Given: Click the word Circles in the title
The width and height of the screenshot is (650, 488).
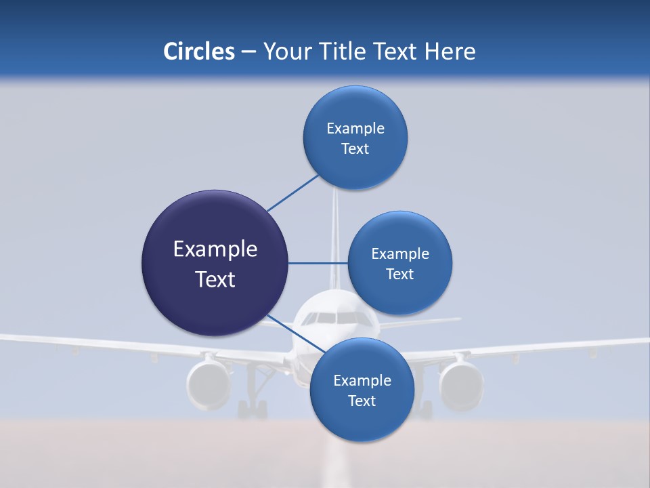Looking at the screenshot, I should click(198, 52).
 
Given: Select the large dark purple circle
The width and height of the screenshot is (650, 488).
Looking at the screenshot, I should click(215, 263).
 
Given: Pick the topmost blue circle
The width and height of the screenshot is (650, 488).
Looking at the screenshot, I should click(355, 138).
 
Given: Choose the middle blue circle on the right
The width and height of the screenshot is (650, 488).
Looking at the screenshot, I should click(399, 263).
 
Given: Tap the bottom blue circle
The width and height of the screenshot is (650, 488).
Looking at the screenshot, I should click(362, 390).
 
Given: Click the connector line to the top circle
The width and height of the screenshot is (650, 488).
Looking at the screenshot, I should click(293, 193).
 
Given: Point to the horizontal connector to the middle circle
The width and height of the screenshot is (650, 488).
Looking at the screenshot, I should click(318, 263).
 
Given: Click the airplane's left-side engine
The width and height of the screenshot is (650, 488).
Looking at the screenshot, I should click(208, 384).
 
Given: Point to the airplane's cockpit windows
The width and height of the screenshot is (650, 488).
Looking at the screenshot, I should click(337, 318).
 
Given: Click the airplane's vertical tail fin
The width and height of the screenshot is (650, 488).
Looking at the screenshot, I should click(334, 237).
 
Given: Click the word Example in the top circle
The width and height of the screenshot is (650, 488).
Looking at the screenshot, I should click(355, 128).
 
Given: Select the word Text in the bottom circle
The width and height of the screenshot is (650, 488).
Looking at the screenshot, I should click(362, 401).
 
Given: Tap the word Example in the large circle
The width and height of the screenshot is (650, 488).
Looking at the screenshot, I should click(215, 249).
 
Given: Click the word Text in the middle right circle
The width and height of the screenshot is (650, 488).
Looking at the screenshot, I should click(399, 274).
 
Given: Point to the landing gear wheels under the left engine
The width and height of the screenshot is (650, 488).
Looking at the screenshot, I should click(251, 408).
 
